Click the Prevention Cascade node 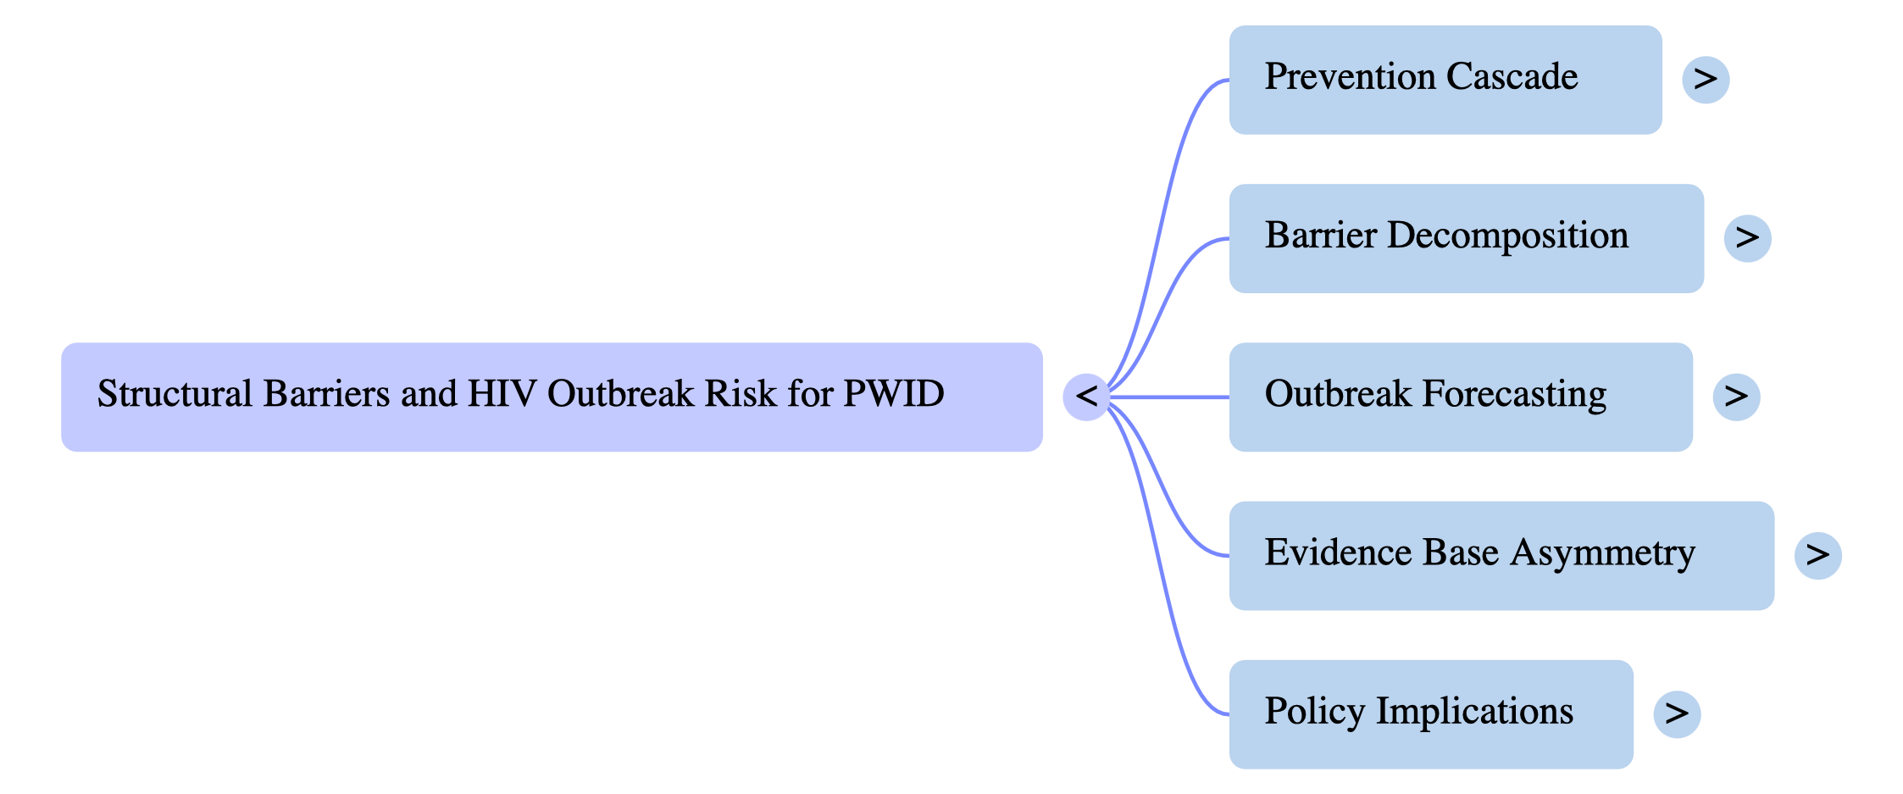click(1445, 79)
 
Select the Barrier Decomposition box click(1466, 238)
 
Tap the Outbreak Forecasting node click(1460, 397)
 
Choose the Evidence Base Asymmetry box click(1501, 555)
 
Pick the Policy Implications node click(1430, 713)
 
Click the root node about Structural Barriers click(552, 397)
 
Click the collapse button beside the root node click(1086, 397)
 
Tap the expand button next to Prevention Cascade click(1706, 80)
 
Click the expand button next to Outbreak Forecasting click(1736, 397)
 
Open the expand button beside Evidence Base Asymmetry click(1817, 555)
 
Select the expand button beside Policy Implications click(1677, 713)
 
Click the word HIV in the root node click(502, 394)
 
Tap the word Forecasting click(1513, 395)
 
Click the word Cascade click(1512, 77)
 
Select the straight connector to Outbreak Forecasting click(1169, 397)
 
